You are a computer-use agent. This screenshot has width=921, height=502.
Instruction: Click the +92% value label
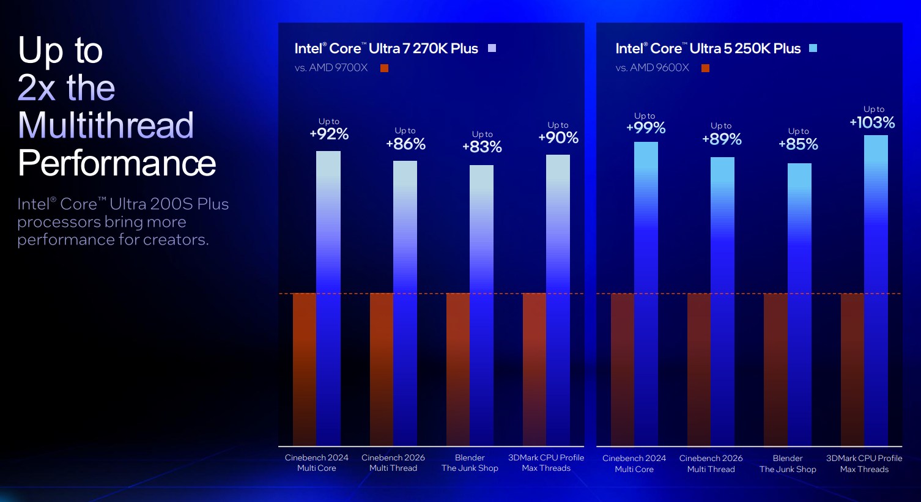click(x=329, y=134)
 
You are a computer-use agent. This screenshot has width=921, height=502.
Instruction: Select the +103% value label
click(x=872, y=122)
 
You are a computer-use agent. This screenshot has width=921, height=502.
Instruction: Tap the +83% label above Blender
click(x=482, y=147)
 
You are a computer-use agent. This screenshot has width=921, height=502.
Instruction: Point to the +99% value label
click(x=646, y=128)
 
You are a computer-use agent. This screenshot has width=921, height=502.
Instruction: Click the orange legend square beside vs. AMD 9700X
click(x=384, y=68)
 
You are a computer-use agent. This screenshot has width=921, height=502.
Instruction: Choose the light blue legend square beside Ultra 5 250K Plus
click(x=813, y=48)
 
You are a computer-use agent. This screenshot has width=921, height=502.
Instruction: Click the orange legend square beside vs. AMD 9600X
click(x=705, y=68)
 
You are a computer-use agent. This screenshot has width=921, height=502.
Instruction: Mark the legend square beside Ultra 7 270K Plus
click(x=492, y=48)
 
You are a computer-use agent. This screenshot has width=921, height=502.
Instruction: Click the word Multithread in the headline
click(x=106, y=125)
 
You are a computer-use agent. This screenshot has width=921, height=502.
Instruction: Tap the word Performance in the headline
click(x=117, y=163)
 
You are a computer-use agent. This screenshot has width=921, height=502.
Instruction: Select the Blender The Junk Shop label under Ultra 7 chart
click(x=470, y=463)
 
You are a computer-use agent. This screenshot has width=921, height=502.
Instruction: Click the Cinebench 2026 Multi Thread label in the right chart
click(x=711, y=463)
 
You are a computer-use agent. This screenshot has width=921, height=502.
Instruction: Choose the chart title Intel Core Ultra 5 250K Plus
click(x=708, y=48)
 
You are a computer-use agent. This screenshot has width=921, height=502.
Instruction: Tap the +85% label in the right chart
click(x=798, y=144)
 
